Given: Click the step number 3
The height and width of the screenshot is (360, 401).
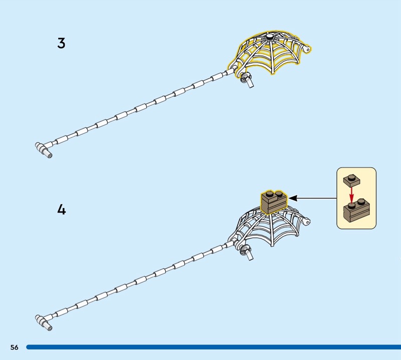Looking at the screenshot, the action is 61,43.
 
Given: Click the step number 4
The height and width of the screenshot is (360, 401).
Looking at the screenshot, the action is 61,210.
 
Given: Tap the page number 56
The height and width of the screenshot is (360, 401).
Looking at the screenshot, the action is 15,347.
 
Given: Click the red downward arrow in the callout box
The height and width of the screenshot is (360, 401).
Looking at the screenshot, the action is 352,195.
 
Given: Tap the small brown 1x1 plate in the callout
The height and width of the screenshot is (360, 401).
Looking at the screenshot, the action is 352,180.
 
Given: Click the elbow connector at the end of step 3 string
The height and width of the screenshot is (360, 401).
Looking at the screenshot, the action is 43,150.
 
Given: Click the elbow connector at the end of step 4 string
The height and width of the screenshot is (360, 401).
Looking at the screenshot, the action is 43,323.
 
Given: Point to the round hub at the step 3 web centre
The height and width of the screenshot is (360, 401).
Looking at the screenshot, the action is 269,38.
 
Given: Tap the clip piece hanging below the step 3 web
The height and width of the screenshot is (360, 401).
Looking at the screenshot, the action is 247,80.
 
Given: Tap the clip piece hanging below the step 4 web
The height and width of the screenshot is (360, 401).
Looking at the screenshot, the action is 247,252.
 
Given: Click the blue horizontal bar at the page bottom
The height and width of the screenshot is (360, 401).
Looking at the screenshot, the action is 214,347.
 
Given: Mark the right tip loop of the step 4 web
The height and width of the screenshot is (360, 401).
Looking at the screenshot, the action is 306,221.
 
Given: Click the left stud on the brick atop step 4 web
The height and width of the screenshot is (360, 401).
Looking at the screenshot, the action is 270,194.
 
